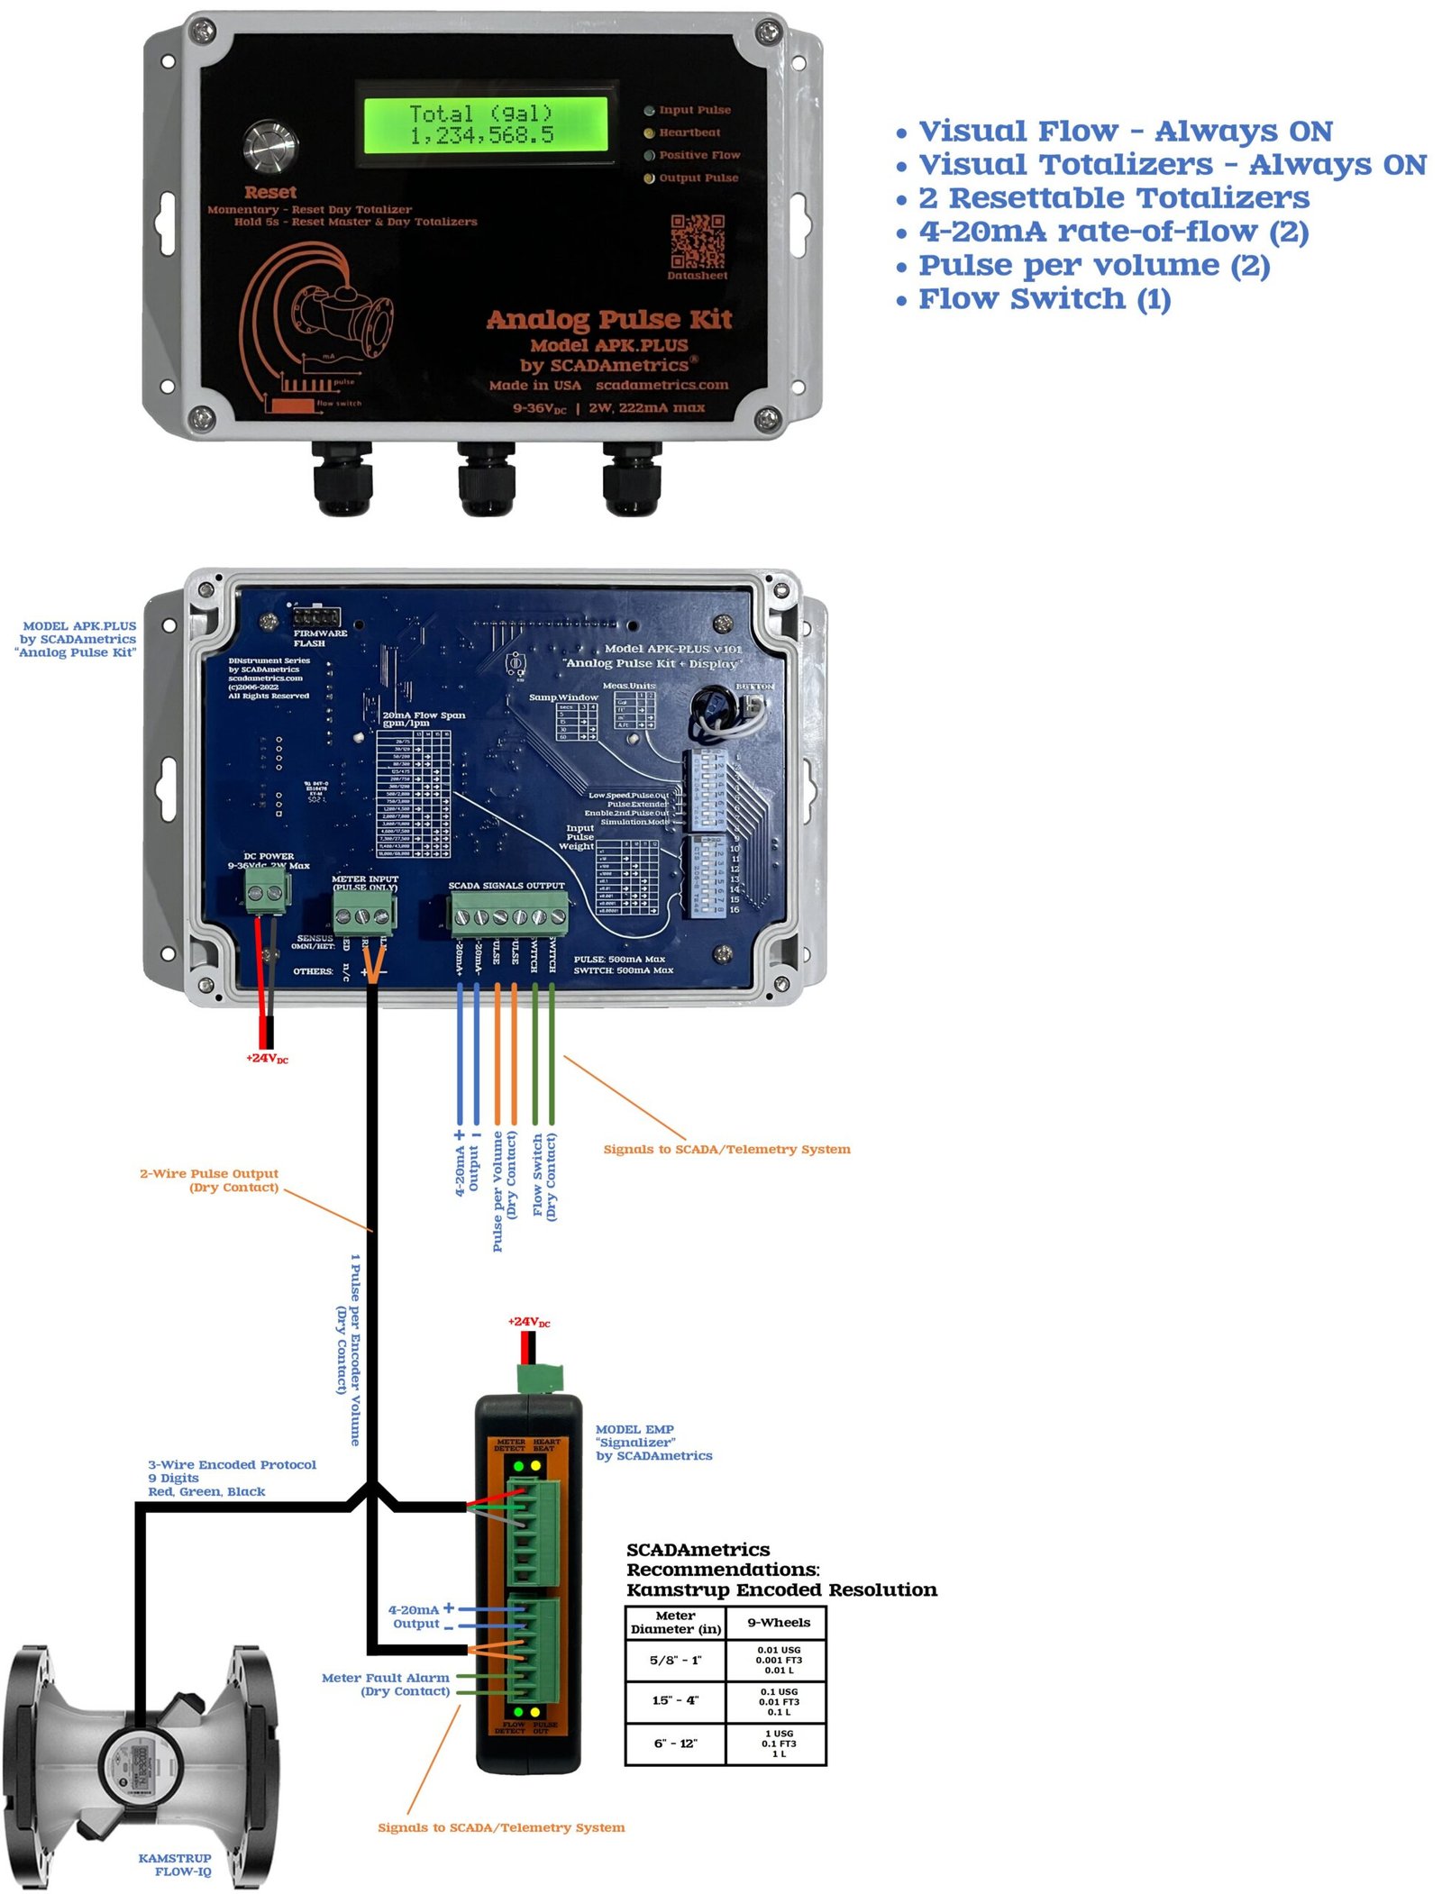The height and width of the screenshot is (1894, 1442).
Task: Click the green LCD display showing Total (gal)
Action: coord(484,124)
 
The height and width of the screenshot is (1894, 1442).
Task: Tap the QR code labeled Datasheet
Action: coord(697,241)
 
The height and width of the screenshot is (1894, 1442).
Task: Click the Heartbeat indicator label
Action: coord(689,132)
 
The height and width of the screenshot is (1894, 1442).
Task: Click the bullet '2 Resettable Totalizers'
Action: coord(1113,198)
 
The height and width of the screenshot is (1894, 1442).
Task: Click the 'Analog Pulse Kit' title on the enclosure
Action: coord(609,320)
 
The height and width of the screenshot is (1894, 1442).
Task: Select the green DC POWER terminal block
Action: coord(267,895)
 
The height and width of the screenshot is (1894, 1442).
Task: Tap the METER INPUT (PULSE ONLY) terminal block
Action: coord(364,916)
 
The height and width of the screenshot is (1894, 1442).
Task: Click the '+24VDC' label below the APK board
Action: coord(267,1058)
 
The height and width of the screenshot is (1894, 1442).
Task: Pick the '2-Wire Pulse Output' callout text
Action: coord(209,1180)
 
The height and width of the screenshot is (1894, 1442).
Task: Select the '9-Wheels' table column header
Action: coord(778,1622)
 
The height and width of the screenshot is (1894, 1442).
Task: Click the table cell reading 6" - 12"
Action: coord(675,1743)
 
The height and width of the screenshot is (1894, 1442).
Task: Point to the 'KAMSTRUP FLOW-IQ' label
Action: coord(175,1864)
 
